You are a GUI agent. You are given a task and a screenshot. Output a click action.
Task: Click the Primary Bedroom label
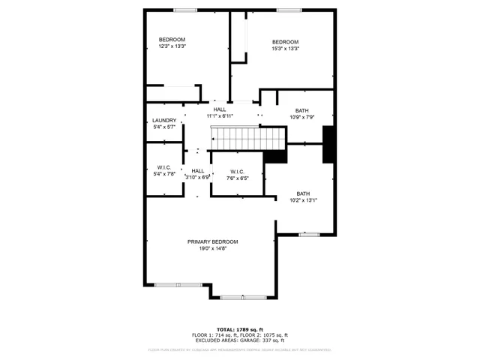(x=213, y=241)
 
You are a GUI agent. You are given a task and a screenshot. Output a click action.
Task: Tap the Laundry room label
(x=164, y=121)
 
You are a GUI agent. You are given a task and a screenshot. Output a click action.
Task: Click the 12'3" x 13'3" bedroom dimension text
(x=172, y=46)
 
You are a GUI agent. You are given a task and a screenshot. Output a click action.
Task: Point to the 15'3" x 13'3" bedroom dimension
(x=285, y=49)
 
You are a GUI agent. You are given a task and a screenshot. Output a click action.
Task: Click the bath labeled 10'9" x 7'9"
(x=302, y=111)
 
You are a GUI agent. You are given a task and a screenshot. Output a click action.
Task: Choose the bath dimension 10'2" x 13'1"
(x=304, y=200)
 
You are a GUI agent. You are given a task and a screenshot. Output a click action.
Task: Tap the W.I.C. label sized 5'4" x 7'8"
(x=164, y=167)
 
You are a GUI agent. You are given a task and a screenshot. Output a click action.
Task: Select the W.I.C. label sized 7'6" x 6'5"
(x=237, y=171)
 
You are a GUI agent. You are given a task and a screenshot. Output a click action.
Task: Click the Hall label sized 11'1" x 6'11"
(x=220, y=109)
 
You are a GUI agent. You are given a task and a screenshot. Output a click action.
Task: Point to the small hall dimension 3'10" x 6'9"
(x=198, y=177)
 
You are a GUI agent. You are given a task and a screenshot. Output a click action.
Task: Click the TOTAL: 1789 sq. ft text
(x=240, y=329)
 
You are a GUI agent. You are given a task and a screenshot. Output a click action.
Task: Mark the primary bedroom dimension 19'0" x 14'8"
(x=213, y=248)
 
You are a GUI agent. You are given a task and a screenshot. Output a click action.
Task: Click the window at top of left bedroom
(x=184, y=10)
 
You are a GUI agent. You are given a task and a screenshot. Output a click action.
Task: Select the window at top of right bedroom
(x=288, y=10)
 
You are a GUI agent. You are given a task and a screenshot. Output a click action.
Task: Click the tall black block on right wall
(x=328, y=145)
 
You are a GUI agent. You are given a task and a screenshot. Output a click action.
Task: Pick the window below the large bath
(x=309, y=235)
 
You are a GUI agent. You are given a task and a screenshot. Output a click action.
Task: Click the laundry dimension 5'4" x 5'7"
(x=164, y=127)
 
